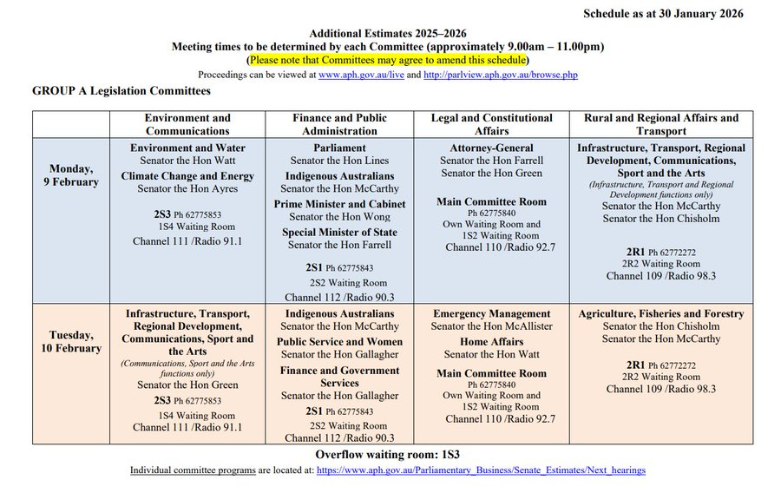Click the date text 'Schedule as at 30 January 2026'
pyautogui.click(x=663, y=13)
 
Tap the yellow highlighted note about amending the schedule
pyautogui.click(x=387, y=60)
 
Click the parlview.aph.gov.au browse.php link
pyautogui.click(x=502, y=76)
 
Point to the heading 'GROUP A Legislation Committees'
pyautogui.click(x=121, y=90)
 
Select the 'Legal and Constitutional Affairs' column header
pyautogui.click(x=491, y=124)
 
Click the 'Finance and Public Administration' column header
pyautogui.click(x=339, y=124)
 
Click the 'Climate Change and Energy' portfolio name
pyautogui.click(x=187, y=176)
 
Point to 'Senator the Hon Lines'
pyautogui.click(x=339, y=161)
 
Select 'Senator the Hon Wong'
pyautogui.click(x=339, y=217)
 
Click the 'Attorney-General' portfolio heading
pyautogui.click(x=491, y=148)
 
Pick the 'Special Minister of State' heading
pyautogui.click(x=339, y=233)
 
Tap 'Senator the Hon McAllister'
pyautogui.click(x=491, y=327)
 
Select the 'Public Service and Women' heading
pyautogui.click(x=339, y=342)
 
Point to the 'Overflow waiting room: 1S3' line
pyautogui.click(x=387, y=454)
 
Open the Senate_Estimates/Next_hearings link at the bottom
pyautogui.click(x=481, y=470)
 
